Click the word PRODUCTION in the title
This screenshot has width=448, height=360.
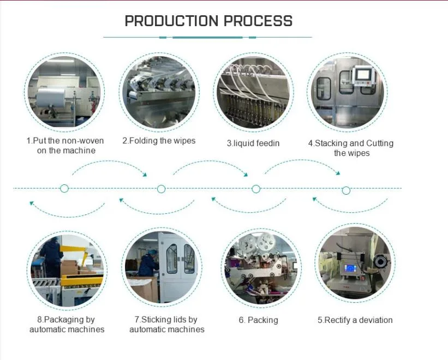167,21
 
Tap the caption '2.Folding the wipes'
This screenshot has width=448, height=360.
158,141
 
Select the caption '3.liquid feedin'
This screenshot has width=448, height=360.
253,143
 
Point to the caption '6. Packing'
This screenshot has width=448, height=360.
258,320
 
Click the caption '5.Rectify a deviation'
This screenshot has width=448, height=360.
355,320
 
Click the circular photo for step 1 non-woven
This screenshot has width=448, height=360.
65,91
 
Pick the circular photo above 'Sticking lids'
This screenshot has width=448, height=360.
162,268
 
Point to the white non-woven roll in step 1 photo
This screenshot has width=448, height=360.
52,101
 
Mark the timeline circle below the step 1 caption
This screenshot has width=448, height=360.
64,189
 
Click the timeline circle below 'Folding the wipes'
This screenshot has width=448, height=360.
161,189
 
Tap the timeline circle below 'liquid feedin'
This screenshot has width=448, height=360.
255,189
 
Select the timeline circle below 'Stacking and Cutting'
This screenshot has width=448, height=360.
346,190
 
